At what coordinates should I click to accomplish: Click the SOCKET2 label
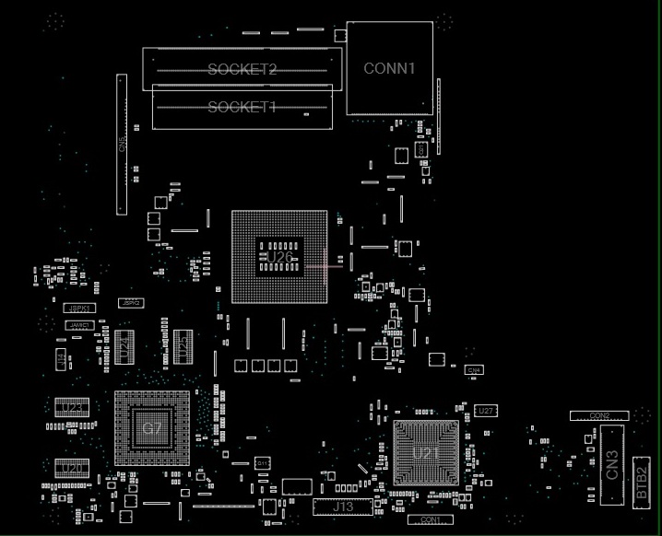[x=242, y=69]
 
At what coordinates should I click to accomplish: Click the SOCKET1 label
[x=242, y=108]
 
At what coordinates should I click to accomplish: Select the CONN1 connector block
[x=390, y=68]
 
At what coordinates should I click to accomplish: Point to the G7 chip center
[x=152, y=428]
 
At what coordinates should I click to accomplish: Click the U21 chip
[x=426, y=452]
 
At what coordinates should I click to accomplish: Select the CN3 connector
[x=612, y=465]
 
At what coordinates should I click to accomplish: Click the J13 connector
[x=343, y=507]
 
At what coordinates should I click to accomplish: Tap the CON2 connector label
[x=600, y=417]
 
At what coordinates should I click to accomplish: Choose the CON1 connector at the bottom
[x=431, y=520]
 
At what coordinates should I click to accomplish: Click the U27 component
[x=487, y=410]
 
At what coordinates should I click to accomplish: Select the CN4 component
[x=474, y=369]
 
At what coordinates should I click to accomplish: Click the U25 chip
[x=183, y=346]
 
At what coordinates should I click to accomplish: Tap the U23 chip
[x=72, y=406]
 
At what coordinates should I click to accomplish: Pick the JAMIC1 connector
[x=79, y=325]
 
